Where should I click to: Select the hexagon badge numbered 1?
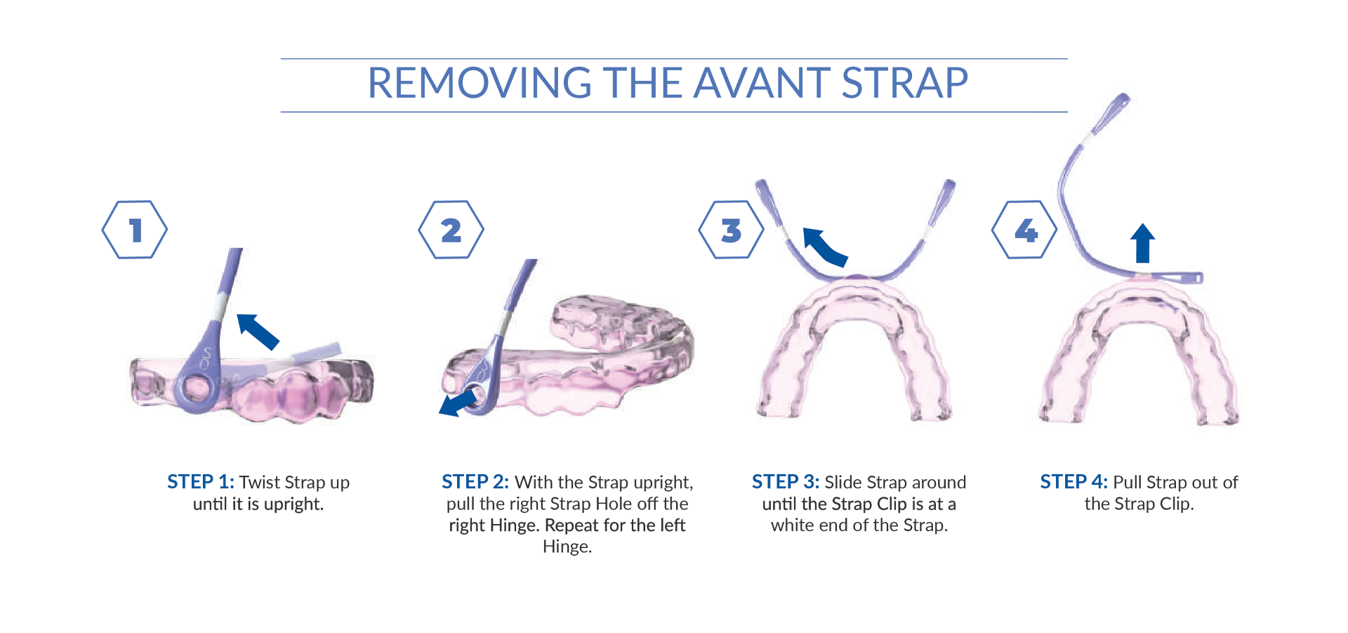(x=135, y=230)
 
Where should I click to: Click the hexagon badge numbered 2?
(x=451, y=230)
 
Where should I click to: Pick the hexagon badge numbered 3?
(x=731, y=230)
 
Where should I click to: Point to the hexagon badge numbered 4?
(x=1024, y=230)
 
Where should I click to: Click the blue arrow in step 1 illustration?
(x=258, y=331)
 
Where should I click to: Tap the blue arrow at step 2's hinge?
(x=457, y=404)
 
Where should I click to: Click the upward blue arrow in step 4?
(x=1143, y=243)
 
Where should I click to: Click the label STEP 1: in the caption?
(x=200, y=482)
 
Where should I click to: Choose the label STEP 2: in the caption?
(x=475, y=482)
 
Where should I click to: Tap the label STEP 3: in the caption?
(x=785, y=482)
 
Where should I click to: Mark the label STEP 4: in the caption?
(x=1073, y=482)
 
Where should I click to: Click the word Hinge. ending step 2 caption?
(x=567, y=547)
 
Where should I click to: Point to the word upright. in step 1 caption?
(x=293, y=504)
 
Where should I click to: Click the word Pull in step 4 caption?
(x=1128, y=482)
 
